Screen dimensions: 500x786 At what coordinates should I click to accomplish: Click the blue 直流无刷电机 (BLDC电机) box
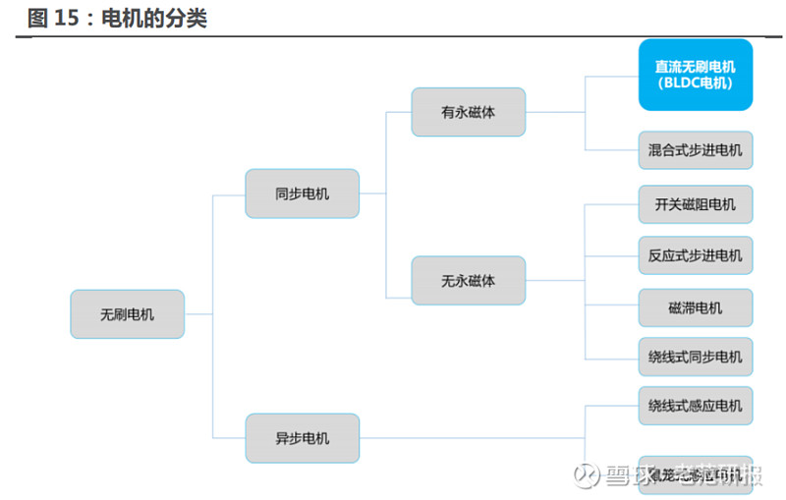[x=695, y=75]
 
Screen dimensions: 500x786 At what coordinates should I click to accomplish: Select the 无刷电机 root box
[x=127, y=314]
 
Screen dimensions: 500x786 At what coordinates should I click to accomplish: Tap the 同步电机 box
[x=302, y=194]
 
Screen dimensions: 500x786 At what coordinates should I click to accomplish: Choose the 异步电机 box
[x=302, y=438]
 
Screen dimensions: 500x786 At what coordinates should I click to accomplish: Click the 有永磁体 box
[x=468, y=112]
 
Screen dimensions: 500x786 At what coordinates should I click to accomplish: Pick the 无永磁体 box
[x=468, y=281]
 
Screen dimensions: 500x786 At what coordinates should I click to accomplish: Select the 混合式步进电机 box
[x=695, y=151]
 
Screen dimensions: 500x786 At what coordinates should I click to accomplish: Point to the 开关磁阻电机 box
[x=695, y=204]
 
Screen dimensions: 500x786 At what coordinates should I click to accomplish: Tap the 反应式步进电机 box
[x=695, y=255]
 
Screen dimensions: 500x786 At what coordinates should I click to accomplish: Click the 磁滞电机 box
[x=695, y=307]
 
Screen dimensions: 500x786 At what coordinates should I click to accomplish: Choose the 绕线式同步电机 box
[x=695, y=357]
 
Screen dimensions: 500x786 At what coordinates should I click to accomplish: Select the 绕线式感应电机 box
[x=695, y=405]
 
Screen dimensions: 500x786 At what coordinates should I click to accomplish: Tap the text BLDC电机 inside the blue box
[x=696, y=83]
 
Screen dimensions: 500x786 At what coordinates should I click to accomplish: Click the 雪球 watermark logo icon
[x=588, y=476]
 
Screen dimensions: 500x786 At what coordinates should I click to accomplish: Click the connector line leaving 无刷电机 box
[x=198, y=314]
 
